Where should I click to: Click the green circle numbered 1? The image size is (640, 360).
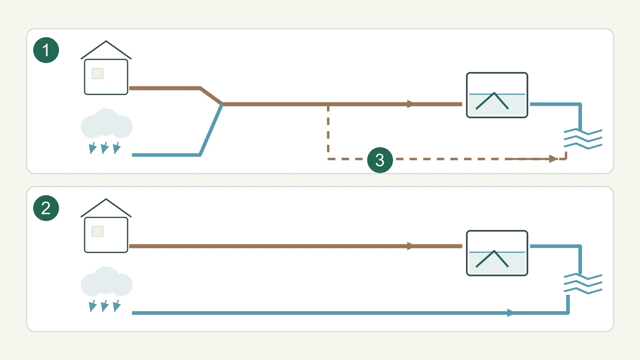46,50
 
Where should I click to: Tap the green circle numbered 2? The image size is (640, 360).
46,208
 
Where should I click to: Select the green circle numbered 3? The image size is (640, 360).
380,160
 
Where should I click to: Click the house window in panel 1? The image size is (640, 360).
98,74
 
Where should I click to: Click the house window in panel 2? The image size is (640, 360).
98,232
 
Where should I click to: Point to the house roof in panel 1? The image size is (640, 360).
106,42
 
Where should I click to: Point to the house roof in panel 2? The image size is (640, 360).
106,200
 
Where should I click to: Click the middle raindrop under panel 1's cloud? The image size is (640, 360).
104,148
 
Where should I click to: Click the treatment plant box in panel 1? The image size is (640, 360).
497,95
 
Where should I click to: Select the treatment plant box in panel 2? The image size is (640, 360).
497,253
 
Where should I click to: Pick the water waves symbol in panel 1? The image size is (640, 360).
583,139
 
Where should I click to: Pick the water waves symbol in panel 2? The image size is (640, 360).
583,284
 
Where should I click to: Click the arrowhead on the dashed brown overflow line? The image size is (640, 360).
553,159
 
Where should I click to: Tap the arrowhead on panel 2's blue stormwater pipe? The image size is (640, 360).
510,312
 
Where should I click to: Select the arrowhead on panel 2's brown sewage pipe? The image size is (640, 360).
410,246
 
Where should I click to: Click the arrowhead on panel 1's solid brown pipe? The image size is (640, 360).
410,104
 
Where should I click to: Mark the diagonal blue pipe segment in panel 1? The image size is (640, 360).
211,130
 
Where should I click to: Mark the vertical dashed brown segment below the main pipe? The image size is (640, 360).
328,132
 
